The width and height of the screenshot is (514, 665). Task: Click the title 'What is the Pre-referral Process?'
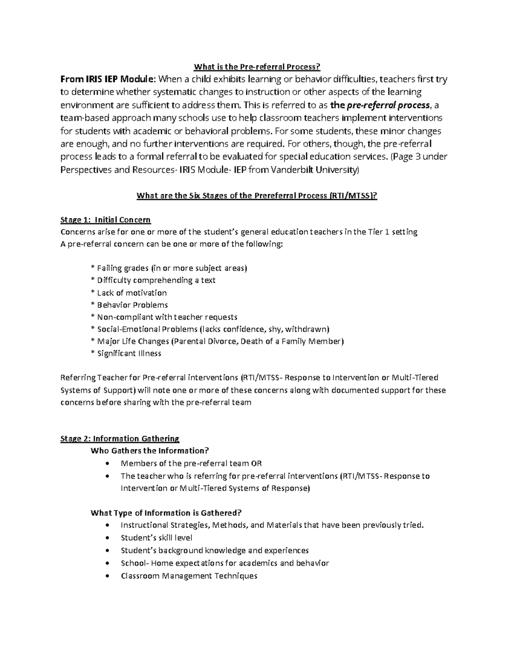pos(257,67)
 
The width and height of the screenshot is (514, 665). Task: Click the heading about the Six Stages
pos(257,196)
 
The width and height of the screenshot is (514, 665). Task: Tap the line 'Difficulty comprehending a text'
pos(156,280)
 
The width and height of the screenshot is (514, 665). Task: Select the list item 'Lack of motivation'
pos(131,293)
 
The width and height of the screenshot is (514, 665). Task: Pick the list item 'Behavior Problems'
pos(132,305)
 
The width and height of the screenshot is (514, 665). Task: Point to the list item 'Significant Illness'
pos(129,354)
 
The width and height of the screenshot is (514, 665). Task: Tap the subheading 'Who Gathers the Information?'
pos(150,450)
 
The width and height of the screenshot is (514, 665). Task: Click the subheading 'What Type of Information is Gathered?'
pos(166,513)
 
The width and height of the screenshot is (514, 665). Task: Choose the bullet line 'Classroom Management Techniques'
pos(189,576)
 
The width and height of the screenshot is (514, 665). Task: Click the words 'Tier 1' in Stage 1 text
pos(379,232)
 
